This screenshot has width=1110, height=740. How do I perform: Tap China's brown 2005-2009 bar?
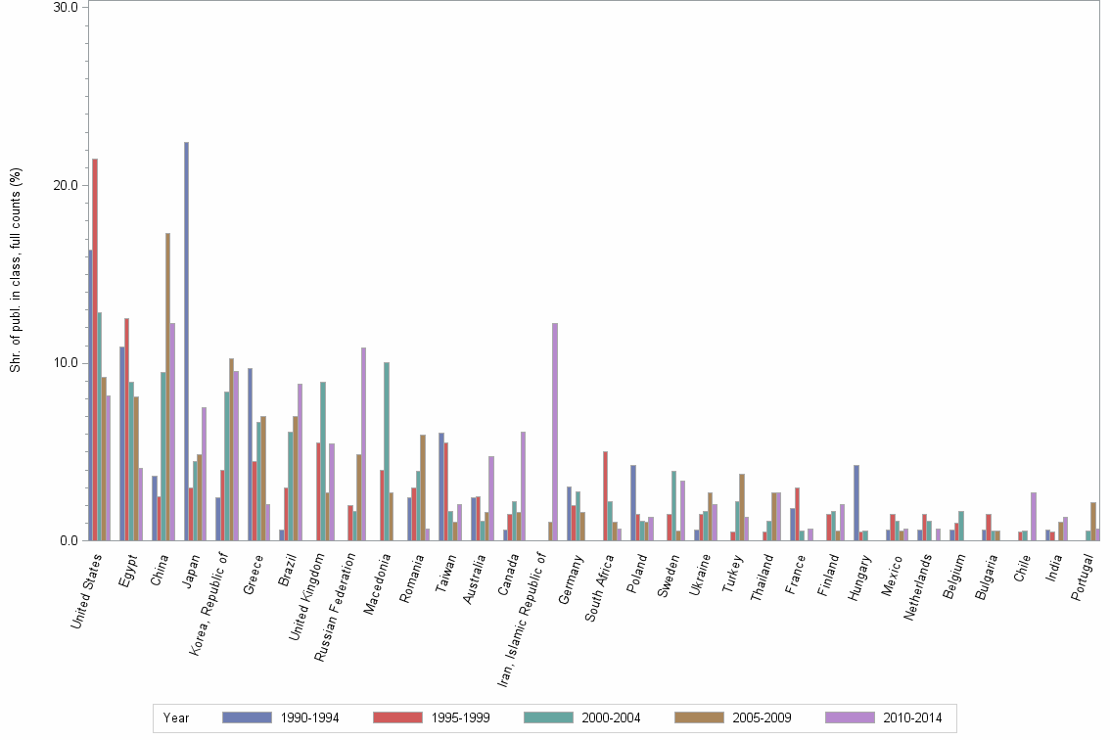(167, 387)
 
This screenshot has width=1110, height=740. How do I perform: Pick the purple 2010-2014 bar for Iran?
(555, 432)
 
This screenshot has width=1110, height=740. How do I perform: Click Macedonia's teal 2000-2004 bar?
(387, 451)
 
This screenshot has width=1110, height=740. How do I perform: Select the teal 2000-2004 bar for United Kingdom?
(323, 461)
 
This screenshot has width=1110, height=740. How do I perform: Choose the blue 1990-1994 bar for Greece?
(250, 454)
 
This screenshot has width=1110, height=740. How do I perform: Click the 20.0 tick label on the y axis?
(67, 185)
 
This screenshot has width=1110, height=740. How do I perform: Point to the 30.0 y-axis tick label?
(67, 7)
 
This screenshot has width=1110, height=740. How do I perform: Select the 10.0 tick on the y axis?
(67, 363)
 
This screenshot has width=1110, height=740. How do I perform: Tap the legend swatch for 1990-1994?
(246, 717)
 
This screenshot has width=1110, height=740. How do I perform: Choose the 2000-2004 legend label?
(611, 717)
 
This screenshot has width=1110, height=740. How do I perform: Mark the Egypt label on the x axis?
(127, 573)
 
